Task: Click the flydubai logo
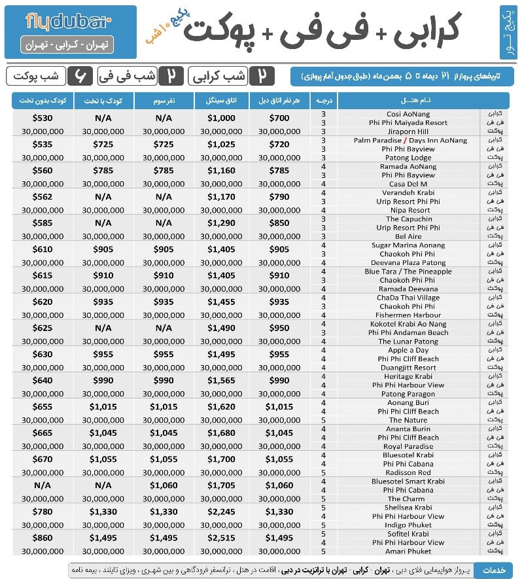click(69, 22)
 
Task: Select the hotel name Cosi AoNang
click(408, 114)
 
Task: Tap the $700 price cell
click(279, 118)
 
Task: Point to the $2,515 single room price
click(220, 538)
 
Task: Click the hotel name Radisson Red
click(408, 472)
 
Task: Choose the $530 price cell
click(42, 118)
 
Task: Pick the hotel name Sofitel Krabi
click(408, 534)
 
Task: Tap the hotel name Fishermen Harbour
click(408, 315)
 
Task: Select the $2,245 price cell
click(220, 512)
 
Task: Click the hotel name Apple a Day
click(408, 350)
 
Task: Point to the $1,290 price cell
click(220, 223)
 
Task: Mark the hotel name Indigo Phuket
click(408, 525)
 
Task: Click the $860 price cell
click(42, 538)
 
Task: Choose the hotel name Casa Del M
click(408, 184)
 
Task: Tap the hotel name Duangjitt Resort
click(408, 368)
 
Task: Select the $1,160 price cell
click(220, 171)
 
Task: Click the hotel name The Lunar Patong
click(408, 342)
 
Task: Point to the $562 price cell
click(42, 197)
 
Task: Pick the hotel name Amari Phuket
click(408, 551)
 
